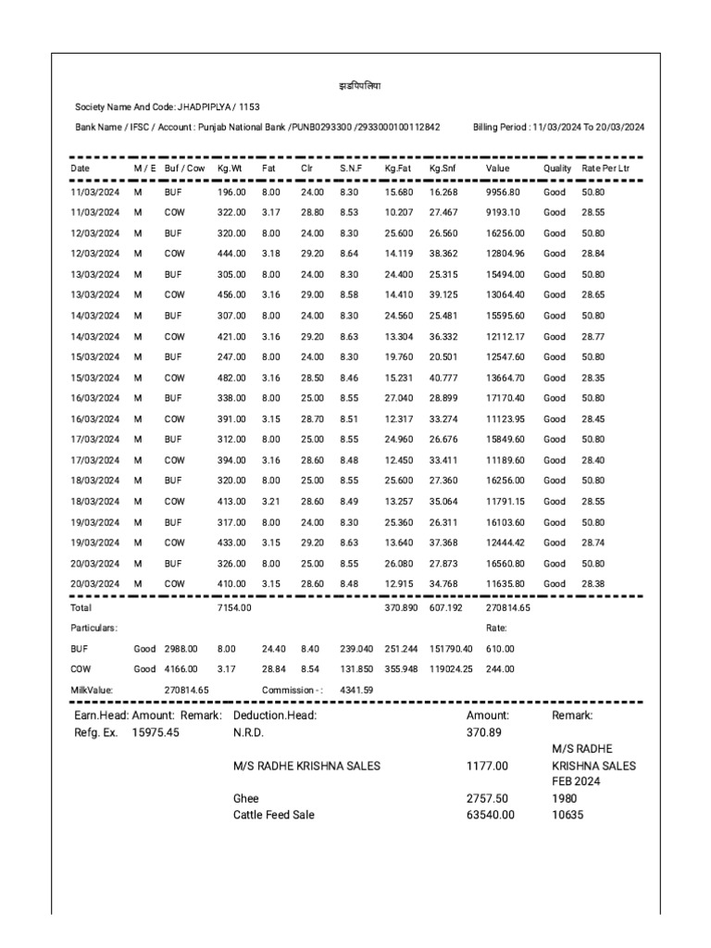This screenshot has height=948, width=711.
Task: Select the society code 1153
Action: (x=248, y=107)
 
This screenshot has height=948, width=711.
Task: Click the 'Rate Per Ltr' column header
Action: (x=605, y=168)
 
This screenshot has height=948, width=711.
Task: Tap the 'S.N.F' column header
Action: (x=350, y=168)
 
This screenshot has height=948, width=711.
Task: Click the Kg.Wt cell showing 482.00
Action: (x=231, y=378)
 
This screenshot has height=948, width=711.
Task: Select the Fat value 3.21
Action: (x=269, y=501)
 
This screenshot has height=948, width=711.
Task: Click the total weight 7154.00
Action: (x=231, y=608)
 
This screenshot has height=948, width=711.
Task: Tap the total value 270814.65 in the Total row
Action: (x=508, y=608)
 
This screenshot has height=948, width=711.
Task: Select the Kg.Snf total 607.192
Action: (x=445, y=608)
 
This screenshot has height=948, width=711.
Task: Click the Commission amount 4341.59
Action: (x=356, y=690)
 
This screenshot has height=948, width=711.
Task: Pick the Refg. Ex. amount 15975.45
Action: (x=156, y=732)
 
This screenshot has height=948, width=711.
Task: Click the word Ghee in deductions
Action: (x=246, y=798)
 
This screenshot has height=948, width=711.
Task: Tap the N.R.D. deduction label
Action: (x=249, y=732)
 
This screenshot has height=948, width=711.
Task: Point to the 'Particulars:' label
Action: (x=94, y=628)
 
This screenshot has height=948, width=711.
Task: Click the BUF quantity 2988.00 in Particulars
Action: (x=181, y=649)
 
